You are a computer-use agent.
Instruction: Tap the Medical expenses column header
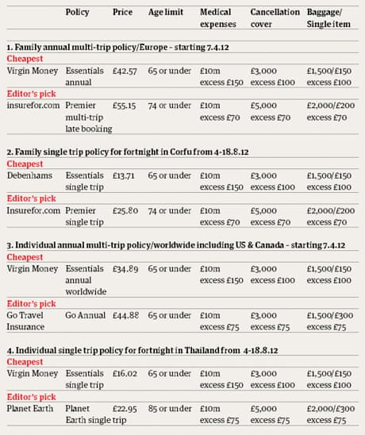pos(217,19)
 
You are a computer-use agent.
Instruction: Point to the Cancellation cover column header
pos(275,19)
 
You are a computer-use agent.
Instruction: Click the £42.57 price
pos(122,71)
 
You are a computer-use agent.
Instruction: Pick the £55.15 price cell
pos(122,105)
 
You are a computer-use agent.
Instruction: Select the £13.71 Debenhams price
pos(121,175)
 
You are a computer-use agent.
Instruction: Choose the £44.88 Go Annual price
pos(122,312)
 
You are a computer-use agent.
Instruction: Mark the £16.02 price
pos(122,373)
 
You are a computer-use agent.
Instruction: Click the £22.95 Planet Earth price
pos(122,408)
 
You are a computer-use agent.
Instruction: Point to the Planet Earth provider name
pos(30,408)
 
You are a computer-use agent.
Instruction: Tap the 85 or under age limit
pos(169,408)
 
